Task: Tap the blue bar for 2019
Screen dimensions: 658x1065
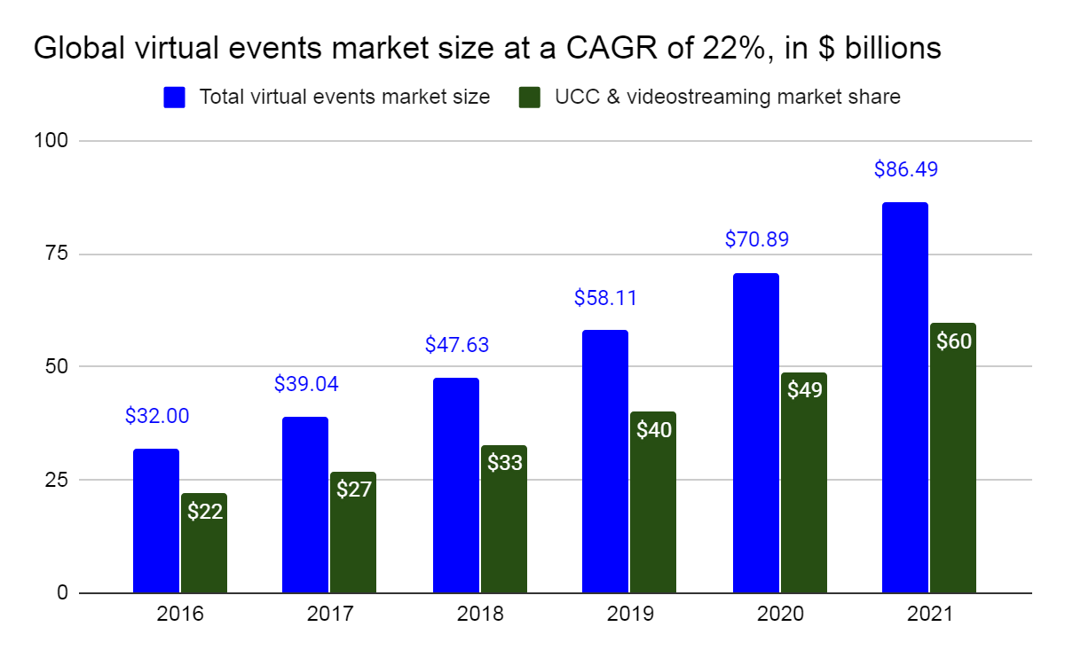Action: (605, 461)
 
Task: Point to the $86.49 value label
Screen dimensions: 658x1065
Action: (906, 168)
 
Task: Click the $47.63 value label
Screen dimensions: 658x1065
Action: (457, 344)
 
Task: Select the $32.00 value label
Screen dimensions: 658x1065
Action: (157, 416)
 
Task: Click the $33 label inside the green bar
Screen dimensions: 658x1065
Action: (505, 462)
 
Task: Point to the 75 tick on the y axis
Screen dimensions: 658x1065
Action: (56, 254)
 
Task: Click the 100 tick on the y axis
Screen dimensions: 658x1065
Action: (51, 141)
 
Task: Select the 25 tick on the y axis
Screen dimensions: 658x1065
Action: (56, 480)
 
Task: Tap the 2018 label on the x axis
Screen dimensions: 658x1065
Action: (480, 614)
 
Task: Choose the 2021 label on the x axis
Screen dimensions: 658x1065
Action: (929, 614)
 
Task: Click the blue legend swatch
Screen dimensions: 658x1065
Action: (174, 98)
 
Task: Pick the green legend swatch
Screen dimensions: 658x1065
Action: (530, 98)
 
